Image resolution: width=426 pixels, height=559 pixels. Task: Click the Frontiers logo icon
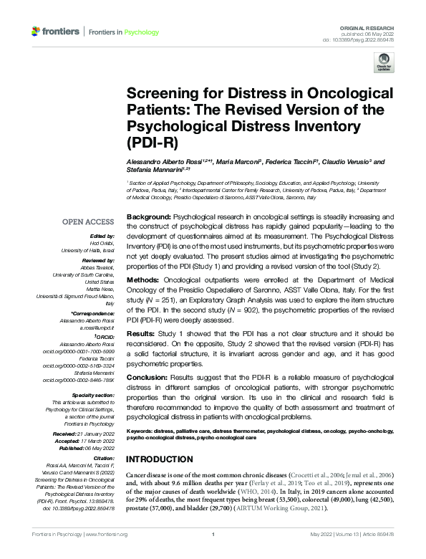pos(37,32)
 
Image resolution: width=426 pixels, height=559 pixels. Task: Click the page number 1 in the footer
pos(213,554)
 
